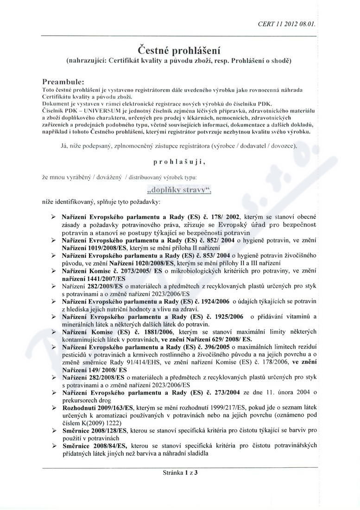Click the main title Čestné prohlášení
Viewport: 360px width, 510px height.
click(180, 49)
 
